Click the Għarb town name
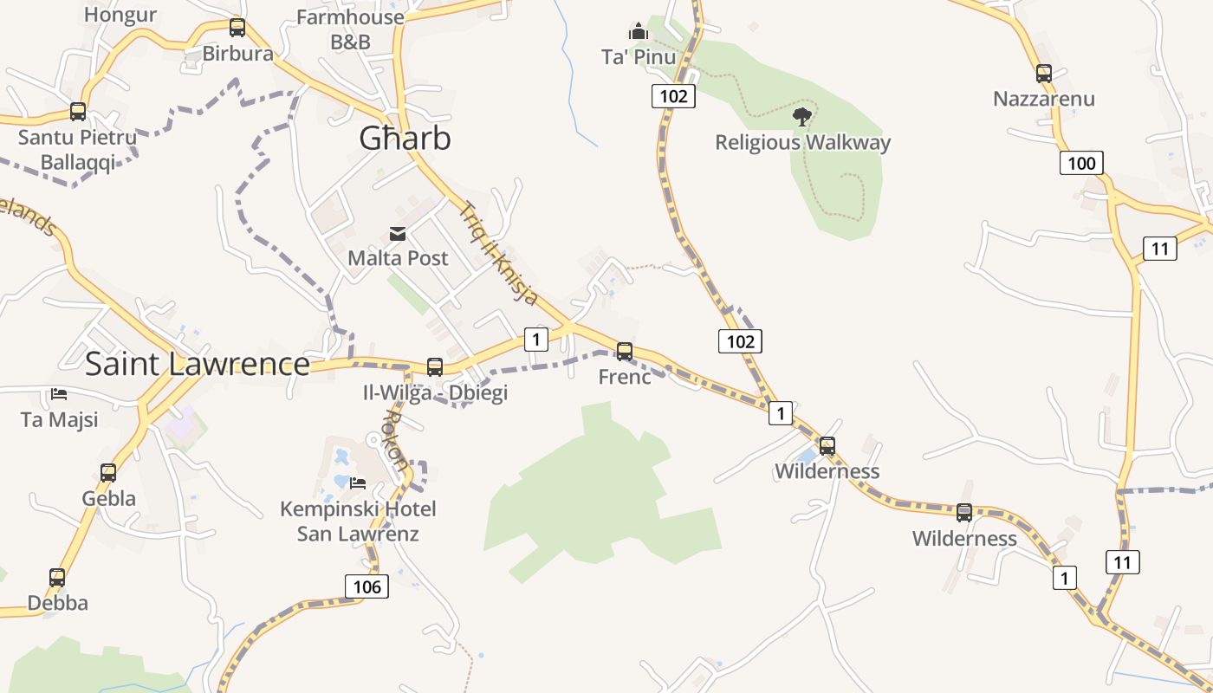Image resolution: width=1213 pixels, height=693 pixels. tap(405, 139)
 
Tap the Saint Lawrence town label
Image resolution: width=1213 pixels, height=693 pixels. tap(197, 364)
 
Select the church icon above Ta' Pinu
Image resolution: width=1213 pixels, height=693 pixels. tap(639, 32)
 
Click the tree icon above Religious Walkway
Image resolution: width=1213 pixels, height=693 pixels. tap(802, 115)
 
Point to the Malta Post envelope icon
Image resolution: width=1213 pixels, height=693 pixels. tap(398, 233)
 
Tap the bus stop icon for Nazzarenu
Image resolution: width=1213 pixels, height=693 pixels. tap(1043, 74)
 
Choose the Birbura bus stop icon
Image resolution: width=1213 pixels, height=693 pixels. tap(237, 28)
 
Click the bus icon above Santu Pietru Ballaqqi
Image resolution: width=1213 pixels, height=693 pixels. tap(78, 111)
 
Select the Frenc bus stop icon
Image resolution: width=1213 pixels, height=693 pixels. tap(624, 352)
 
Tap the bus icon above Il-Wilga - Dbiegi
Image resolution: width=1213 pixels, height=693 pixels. tap(435, 366)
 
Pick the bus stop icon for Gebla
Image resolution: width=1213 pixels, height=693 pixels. tap(108, 473)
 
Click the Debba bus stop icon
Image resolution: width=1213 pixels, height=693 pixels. tap(57, 577)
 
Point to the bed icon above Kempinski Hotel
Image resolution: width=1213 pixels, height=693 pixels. tap(358, 483)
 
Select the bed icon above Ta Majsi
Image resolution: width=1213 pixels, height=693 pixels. tap(59, 393)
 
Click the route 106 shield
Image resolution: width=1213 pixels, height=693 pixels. tap(366, 586)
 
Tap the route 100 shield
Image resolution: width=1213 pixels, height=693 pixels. tap(1081, 163)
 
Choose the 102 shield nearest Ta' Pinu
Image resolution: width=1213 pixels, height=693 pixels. tap(673, 96)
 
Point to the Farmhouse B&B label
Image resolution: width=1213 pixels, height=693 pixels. tap(350, 29)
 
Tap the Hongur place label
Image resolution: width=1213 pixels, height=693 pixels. tap(120, 14)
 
